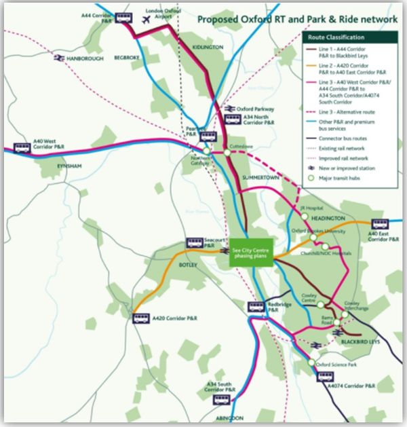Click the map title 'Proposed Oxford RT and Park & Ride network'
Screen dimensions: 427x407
(x=296, y=20)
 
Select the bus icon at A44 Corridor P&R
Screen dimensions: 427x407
(x=124, y=18)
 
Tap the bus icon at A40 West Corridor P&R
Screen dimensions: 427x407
(x=22, y=148)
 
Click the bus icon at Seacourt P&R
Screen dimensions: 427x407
(x=196, y=242)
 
